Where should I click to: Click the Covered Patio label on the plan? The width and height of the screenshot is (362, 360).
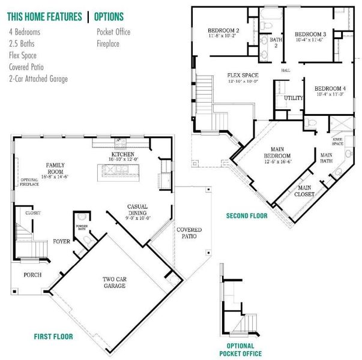click(189, 233)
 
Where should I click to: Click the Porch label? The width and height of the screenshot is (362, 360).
click(32, 275)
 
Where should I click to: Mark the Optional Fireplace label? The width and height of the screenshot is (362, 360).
click(29, 182)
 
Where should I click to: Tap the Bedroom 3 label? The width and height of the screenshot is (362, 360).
click(310, 36)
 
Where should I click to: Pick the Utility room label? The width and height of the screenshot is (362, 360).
click(294, 97)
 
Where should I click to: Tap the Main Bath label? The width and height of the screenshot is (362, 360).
click(327, 157)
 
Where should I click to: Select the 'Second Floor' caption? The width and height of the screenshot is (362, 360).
click(247, 215)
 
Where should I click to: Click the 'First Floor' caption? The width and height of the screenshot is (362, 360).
click(53, 337)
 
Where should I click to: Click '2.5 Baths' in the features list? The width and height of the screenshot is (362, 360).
click(23, 43)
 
